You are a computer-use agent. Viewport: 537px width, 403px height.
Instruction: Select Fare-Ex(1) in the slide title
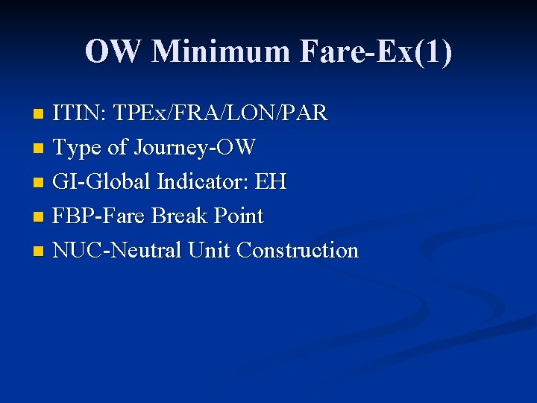click(x=376, y=51)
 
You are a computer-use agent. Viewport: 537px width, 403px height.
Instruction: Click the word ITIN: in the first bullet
click(x=80, y=113)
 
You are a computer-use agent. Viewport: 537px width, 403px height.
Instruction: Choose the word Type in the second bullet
click(x=78, y=148)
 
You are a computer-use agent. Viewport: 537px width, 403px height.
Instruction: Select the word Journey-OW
click(x=195, y=148)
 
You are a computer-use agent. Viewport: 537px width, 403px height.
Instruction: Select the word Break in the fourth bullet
click(x=178, y=216)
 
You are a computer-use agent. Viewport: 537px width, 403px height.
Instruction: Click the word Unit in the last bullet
click(x=209, y=251)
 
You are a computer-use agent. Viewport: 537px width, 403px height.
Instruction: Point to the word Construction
click(x=298, y=251)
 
